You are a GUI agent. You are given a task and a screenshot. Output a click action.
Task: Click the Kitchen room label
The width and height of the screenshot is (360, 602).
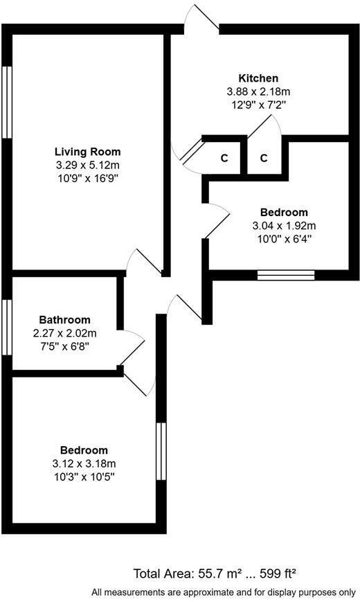[x=258, y=78]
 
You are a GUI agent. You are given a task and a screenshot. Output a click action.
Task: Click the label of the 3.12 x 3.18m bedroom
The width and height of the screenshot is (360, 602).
[x=84, y=450]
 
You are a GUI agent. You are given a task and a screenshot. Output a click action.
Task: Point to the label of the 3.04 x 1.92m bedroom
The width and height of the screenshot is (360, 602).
[x=284, y=212]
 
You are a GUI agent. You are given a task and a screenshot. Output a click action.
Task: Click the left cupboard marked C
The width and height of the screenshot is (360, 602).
[x=224, y=158]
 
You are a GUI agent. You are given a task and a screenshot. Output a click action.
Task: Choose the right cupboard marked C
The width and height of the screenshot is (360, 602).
[x=264, y=158]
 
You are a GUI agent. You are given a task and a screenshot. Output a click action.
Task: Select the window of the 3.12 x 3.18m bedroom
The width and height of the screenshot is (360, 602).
[x=161, y=450]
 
